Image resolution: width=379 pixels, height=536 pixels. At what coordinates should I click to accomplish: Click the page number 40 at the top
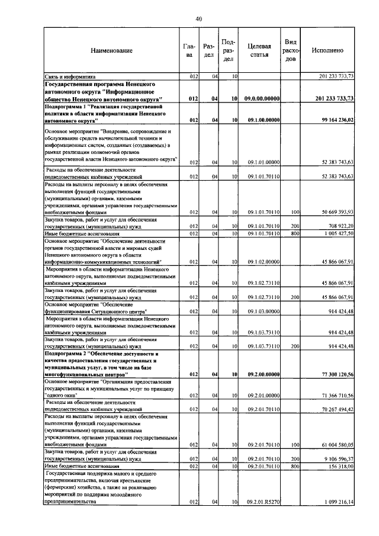[199, 20]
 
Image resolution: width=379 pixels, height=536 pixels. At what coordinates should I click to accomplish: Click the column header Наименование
[112, 51]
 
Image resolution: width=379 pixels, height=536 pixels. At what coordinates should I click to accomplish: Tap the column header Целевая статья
[259, 51]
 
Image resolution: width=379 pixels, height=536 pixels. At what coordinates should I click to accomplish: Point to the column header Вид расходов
[291, 51]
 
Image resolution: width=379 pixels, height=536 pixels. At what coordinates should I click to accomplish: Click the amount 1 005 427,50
[337, 233]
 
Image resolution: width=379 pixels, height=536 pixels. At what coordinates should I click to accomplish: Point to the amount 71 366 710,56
[335, 395]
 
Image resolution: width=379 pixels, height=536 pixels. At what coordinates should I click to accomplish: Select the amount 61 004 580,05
[335, 445]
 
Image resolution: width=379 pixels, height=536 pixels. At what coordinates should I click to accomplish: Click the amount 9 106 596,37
[337, 459]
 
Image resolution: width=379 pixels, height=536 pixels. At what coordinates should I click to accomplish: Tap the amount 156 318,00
[339, 467]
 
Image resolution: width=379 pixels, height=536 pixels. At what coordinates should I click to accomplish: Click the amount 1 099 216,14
[337, 502]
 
